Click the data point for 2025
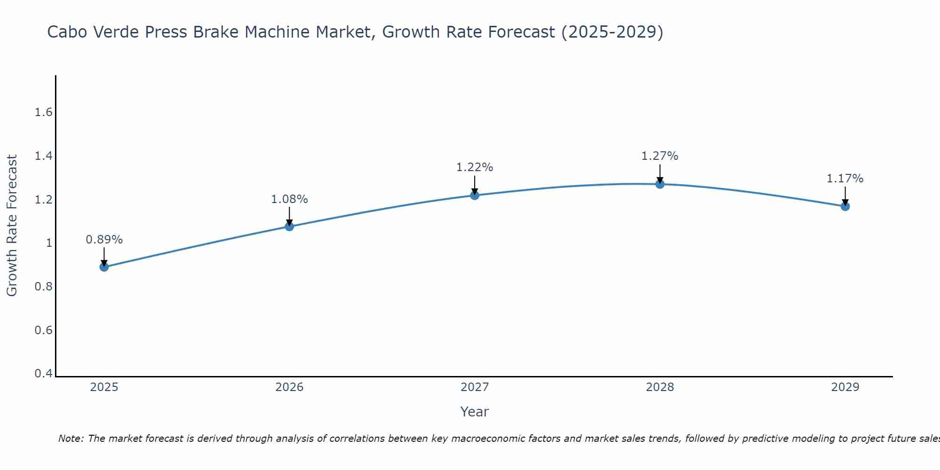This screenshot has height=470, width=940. click(104, 267)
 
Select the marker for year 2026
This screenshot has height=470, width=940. click(289, 227)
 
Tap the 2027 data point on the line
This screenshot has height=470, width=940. click(475, 195)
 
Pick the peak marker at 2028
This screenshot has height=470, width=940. click(660, 184)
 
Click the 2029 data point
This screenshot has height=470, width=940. click(845, 206)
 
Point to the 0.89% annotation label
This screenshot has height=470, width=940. click(104, 240)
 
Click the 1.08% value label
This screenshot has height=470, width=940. click(289, 199)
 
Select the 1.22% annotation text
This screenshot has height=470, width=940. click(475, 167)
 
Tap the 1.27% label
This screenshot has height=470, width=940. click(660, 156)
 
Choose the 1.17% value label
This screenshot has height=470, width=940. click(845, 179)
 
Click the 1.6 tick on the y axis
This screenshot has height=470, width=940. click(43, 112)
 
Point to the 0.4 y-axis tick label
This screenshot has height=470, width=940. click(43, 374)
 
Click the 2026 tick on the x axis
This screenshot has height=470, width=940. click(289, 387)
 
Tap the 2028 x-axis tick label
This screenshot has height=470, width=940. click(660, 387)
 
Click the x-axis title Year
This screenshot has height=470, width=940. click(475, 412)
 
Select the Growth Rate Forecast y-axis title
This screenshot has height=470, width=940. click(12, 226)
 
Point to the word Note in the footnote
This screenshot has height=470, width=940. click(70, 439)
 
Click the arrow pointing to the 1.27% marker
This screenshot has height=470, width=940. click(660, 173)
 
